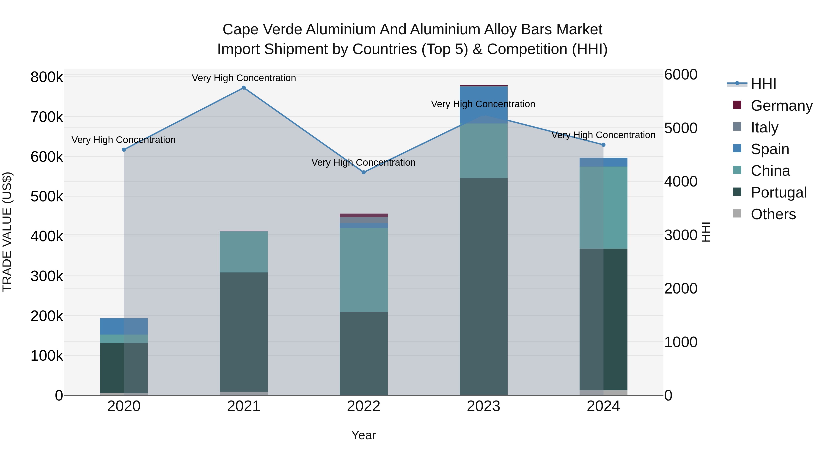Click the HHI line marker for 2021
[244, 88]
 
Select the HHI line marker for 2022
[363, 172]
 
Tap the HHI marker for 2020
[124, 150]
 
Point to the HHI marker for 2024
[603, 145]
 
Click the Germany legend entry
[781, 105]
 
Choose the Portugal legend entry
[778, 192]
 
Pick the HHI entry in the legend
[763, 84]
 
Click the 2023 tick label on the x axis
[483, 406]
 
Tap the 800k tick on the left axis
[47, 77]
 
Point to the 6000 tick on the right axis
[681, 75]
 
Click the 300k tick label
[47, 276]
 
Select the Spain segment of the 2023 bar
[483, 105]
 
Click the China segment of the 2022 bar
[363, 270]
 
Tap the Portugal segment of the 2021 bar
[244, 332]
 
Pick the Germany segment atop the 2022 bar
[363, 215]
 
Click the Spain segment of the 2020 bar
[124, 326]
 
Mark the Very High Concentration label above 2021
[244, 78]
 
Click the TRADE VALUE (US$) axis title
[7, 232]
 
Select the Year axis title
[363, 435]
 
